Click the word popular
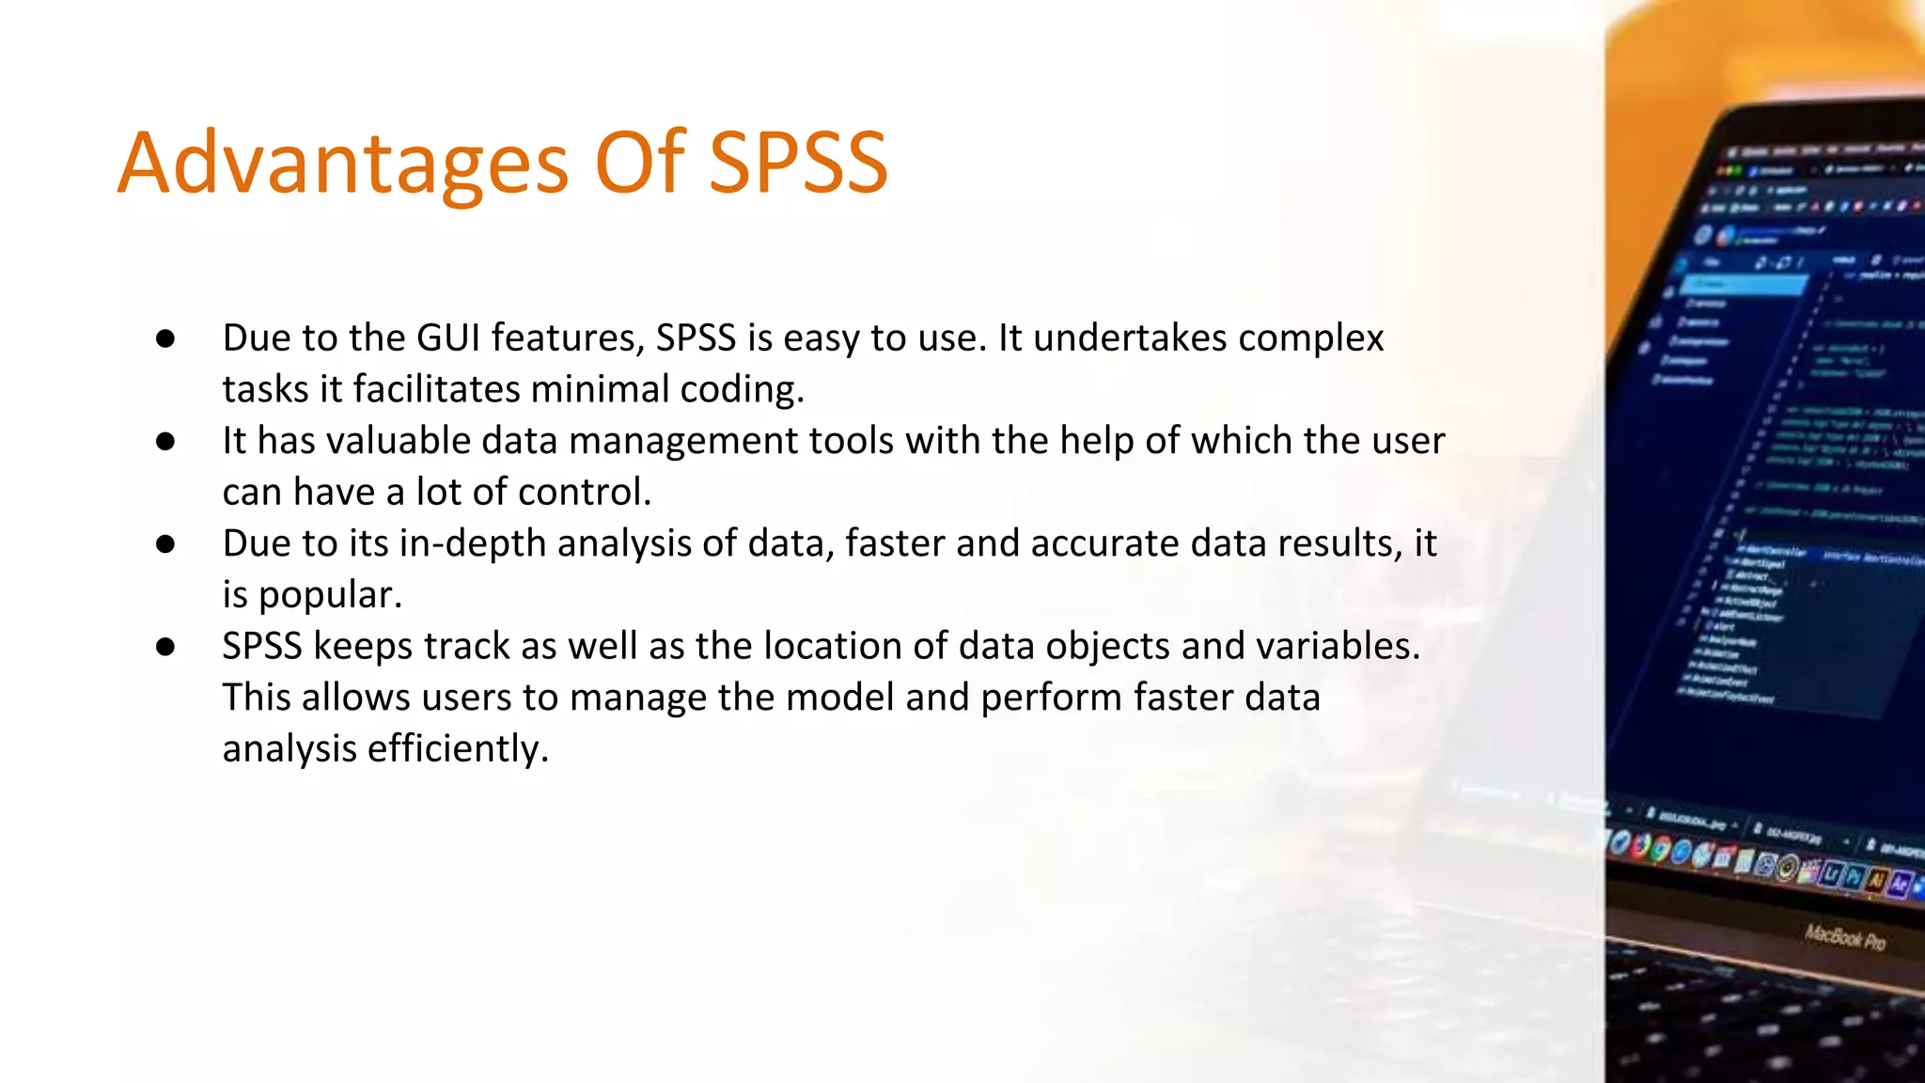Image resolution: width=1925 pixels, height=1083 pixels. pyautogui.click(x=330, y=595)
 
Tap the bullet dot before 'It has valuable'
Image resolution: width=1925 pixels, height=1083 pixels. pyautogui.click(x=166, y=441)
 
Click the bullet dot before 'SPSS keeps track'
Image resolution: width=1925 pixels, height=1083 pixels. pyautogui.click(x=166, y=646)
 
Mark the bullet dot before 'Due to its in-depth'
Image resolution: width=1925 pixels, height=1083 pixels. pyautogui.click(x=166, y=543)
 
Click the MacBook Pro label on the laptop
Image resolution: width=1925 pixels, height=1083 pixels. pyautogui.click(x=1844, y=937)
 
